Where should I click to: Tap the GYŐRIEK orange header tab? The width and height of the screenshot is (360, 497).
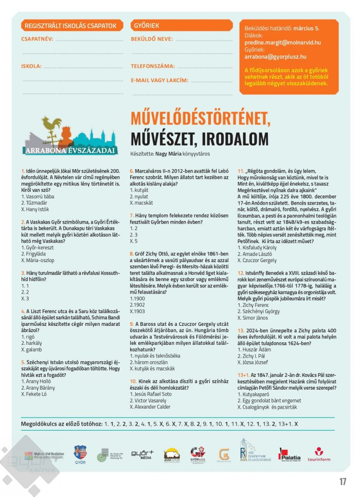[x=147, y=26]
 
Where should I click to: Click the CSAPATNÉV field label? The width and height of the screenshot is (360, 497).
[x=37, y=39]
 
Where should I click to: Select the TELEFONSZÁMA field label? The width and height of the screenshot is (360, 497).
[x=153, y=66]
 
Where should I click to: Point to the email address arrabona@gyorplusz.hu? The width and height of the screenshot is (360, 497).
[x=275, y=57]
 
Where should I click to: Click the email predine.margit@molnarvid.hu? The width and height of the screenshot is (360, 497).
[x=282, y=43]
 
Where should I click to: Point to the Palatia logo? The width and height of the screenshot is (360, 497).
[x=291, y=455]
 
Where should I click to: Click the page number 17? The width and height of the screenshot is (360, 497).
[x=343, y=482]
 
